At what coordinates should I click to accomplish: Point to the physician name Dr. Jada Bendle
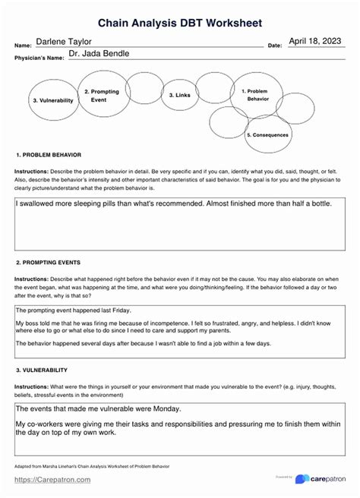coord(99,54)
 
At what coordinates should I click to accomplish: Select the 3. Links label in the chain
coord(181,95)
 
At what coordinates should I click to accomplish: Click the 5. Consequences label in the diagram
coord(267,134)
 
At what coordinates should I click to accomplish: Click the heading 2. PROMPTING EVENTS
coord(48,263)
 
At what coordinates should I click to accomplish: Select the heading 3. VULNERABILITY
coord(42,372)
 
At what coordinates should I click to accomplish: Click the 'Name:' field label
coord(23,47)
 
